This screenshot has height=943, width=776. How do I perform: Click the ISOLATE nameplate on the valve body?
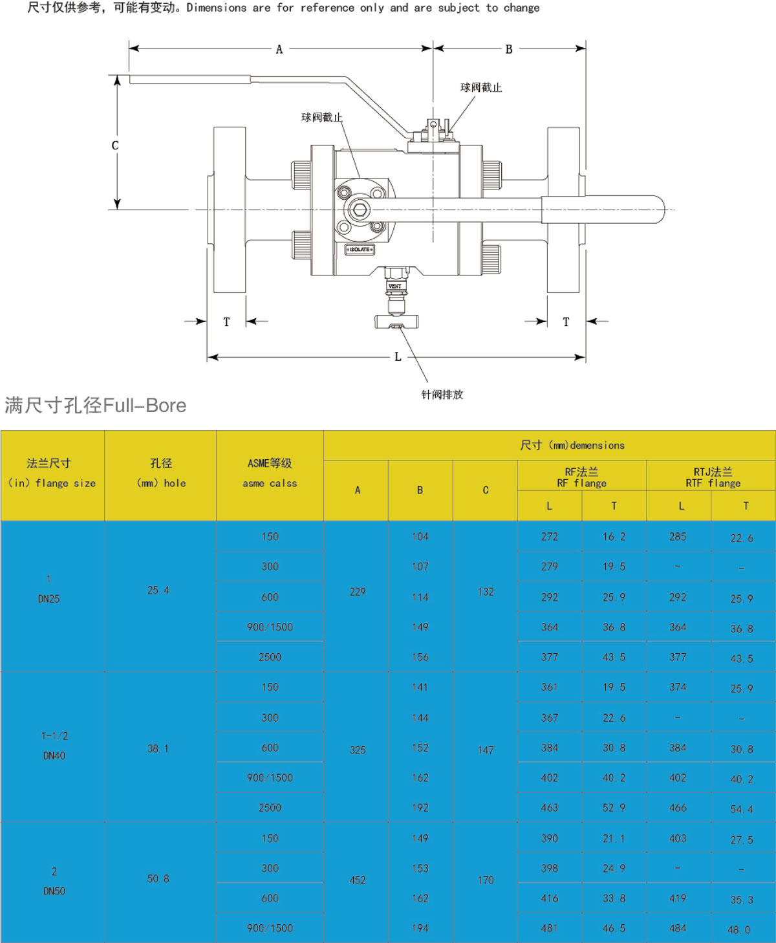[x=360, y=249]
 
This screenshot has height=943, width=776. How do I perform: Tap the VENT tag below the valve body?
[x=394, y=286]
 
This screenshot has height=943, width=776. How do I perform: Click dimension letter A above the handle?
[x=279, y=49]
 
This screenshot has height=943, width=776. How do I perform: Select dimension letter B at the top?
[x=509, y=49]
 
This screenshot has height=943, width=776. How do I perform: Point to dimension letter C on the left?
[x=115, y=146]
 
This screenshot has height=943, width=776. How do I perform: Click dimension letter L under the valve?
[x=398, y=357]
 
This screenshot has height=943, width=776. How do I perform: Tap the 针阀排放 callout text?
[x=442, y=395]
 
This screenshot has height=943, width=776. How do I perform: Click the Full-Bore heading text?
[x=96, y=406]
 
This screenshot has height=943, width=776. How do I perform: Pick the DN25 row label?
[x=48, y=599]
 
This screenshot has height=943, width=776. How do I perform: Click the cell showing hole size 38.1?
[x=158, y=748]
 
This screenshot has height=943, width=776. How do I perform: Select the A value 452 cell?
[x=357, y=880]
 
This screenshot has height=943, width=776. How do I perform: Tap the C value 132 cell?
[x=486, y=592]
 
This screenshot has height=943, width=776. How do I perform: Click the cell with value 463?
[x=549, y=808]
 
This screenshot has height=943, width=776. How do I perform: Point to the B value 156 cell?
[x=420, y=657]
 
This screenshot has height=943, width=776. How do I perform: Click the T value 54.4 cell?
[x=741, y=809]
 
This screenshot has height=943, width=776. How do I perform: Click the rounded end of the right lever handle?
[x=656, y=210]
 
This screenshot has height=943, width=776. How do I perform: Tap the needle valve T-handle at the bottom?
[x=396, y=321]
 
